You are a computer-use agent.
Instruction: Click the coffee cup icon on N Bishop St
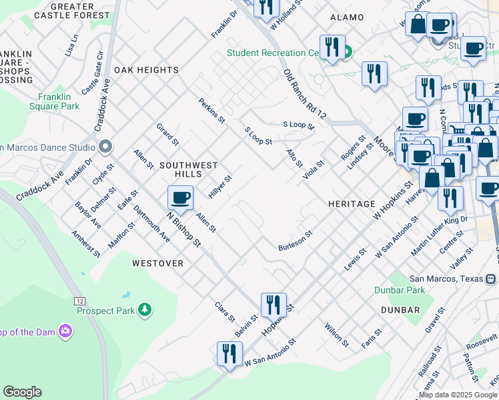[x=180, y=198]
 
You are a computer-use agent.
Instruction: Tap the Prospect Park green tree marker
[x=144, y=310]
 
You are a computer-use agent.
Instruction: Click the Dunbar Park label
[x=417, y=290]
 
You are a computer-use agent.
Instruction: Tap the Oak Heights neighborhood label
[x=146, y=70]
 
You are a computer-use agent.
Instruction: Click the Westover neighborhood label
[x=157, y=263]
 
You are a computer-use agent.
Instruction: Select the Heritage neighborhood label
[x=352, y=203]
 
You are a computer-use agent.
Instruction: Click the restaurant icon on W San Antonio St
[x=229, y=354]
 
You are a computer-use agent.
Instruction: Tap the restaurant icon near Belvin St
[x=274, y=305]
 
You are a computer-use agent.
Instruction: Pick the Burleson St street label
[x=295, y=242]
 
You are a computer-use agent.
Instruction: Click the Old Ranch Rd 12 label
[x=304, y=94]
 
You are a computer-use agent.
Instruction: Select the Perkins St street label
[x=211, y=110]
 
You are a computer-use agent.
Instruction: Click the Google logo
[x=23, y=392]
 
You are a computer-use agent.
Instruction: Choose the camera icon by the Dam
[x=65, y=331]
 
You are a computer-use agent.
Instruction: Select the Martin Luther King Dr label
[x=440, y=236]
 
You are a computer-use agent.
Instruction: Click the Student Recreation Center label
[x=274, y=53]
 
